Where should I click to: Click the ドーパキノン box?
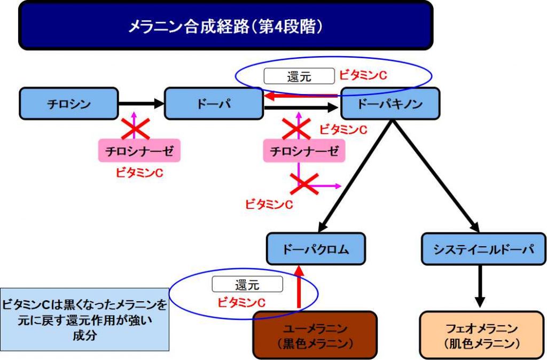coord(390,104)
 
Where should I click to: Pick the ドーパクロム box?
coord(316,248)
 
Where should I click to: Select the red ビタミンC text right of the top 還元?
coord(363,75)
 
